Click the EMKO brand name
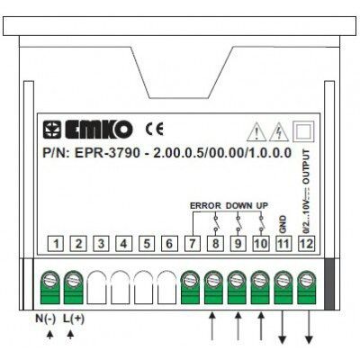click(99, 130)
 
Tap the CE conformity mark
click(155, 129)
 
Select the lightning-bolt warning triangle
click(279, 132)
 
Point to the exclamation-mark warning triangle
click(256, 132)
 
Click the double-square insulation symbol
click(303, 131)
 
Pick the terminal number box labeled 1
click(56, 244)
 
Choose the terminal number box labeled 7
click(193, 244)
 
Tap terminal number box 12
click(306, 244)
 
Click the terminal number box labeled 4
click(124, 244)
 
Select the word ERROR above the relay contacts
click(205, 206)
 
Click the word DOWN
click(239, 206)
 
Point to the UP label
click(262, 206)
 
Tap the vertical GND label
click(283, 224)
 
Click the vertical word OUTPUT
click(306, 166)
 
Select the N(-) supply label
click(46, 319)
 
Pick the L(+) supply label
click(74, 319)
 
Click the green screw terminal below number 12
click(307, 287)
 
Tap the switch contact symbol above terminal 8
click(215, 223)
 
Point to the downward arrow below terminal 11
click(283, 327)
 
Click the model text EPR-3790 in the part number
click(107, 153)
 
